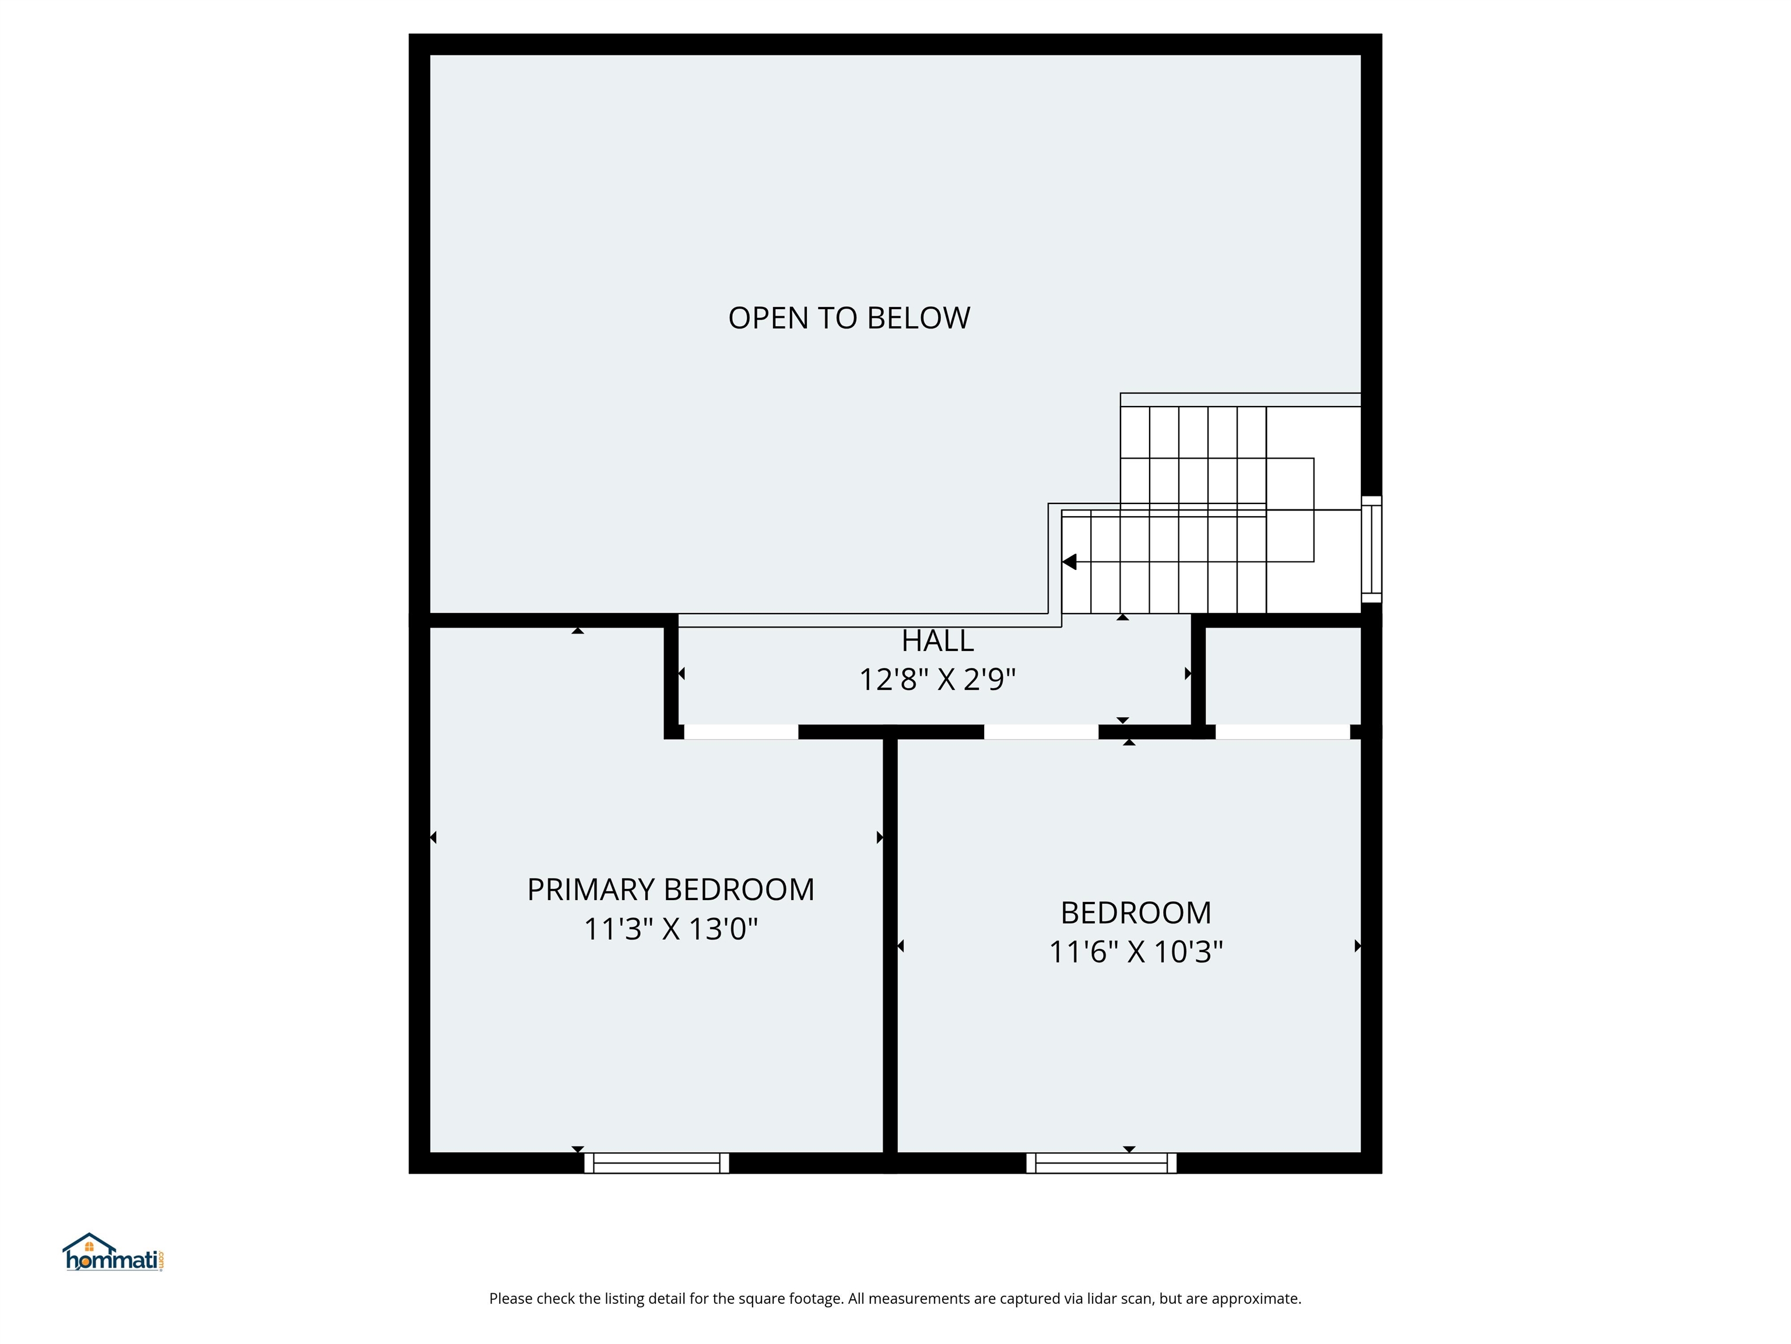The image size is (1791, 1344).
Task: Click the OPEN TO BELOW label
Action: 848,318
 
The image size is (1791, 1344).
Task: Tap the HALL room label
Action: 937,641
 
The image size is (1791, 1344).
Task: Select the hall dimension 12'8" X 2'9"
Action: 937,679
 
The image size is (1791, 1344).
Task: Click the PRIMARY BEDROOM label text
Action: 670,890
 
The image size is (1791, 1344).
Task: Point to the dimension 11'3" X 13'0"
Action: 670,929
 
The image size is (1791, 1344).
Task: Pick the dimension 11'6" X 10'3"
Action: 1135,951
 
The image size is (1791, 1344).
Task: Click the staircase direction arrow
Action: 1070,561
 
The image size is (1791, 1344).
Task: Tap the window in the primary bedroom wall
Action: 656,1163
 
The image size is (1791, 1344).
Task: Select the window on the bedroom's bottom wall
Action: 1101,1163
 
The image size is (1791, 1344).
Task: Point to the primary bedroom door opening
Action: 741,731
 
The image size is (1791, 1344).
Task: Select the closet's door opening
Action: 1283,731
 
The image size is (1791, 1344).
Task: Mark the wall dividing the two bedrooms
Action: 890,948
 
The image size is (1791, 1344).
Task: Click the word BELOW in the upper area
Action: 918,318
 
